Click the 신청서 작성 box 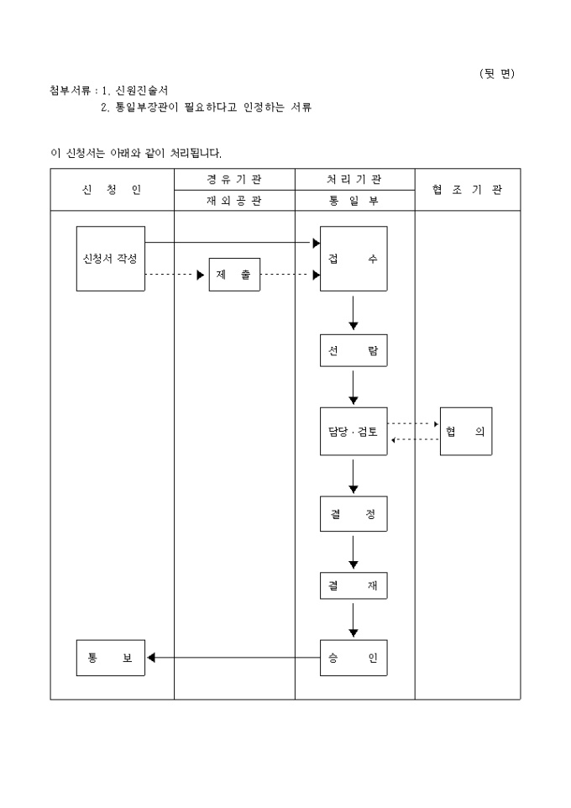point(110,259)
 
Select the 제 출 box point(234,275)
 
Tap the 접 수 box point(354,259)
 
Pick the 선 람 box point(354,350)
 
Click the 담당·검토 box point(354,432)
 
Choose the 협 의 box point(466,432)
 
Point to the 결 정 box point(354,514)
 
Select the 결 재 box point(354,585)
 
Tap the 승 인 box point(354,658)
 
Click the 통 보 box point(110,658)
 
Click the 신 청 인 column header point(112,190)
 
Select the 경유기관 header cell point(234,179)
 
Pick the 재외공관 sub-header point(234,201)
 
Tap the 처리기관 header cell point(354,179)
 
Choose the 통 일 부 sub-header point(354,201)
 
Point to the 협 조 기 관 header point(468,190)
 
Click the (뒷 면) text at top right point(496,73)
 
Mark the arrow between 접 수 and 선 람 point(354,312)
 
